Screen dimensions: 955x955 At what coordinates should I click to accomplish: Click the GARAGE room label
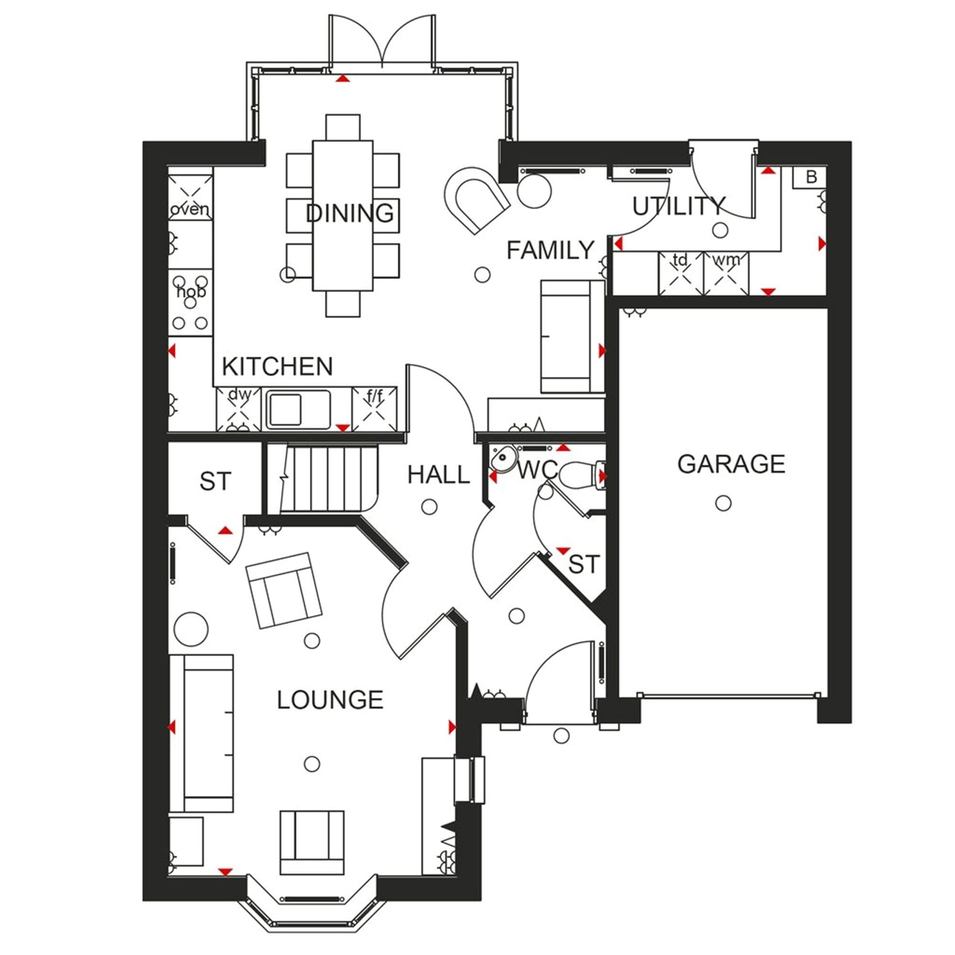(731, 464)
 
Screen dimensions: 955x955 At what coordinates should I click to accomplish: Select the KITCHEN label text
(277, 366)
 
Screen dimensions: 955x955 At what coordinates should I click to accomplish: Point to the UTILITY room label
(679, 206)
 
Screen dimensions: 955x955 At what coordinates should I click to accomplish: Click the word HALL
(438, 475)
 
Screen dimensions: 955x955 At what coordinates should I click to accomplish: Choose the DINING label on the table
(350, 213)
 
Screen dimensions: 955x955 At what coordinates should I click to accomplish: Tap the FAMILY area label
(550, 250)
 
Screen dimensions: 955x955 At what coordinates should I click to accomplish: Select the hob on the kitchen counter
(191, 303)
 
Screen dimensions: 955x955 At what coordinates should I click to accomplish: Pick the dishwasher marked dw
(238, 409)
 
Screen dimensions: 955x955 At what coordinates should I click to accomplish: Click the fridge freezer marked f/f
(374, 409)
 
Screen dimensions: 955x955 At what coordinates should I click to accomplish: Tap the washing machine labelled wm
(726, 273)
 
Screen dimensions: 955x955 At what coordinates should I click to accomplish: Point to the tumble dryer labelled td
(681, 273)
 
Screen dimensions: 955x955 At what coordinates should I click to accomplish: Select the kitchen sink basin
(284, 409)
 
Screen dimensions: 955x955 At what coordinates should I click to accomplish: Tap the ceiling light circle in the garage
(723, 503)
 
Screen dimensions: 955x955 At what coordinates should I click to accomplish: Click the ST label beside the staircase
(215, 481)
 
